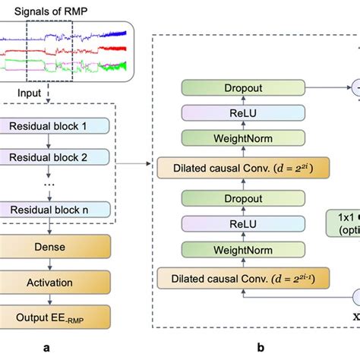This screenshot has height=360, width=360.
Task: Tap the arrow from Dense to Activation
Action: coord(50,265)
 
